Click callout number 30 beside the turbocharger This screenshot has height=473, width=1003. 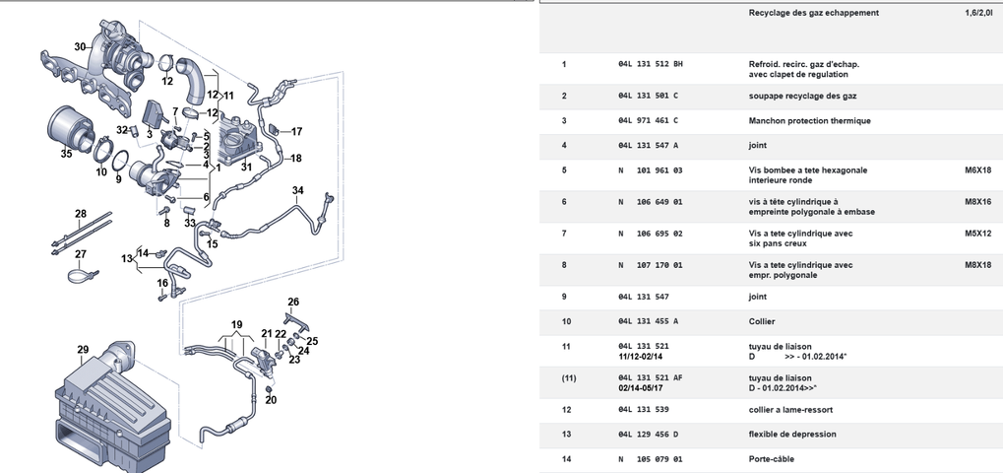[x=80, y=46]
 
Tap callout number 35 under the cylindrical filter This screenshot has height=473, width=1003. [x=67, y=154]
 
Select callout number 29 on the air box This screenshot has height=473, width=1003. [x=83, y=350]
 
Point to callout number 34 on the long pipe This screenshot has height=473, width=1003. [x=298, y=190]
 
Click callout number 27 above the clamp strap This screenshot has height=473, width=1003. [x=81, y=254]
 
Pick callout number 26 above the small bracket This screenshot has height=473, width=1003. [x=293, y=302]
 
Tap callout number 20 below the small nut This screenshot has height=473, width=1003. [x=271, y=400]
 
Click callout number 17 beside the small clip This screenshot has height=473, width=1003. [x=297, y=132]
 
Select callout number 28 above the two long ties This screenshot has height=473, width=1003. [x=81, y=213]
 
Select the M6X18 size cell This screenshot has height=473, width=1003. [x=978, y=170]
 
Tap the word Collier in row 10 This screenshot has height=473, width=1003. [x=762, y=322]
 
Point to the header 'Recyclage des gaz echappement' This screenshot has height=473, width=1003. [x=814, y=13]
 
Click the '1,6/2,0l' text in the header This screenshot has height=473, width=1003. [x=978, y=13]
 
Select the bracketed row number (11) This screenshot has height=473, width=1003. [x=569, y=378]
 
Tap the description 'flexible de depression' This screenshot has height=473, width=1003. [x=792, y=435]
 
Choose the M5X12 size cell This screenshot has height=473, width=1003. [x=978, y=234]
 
